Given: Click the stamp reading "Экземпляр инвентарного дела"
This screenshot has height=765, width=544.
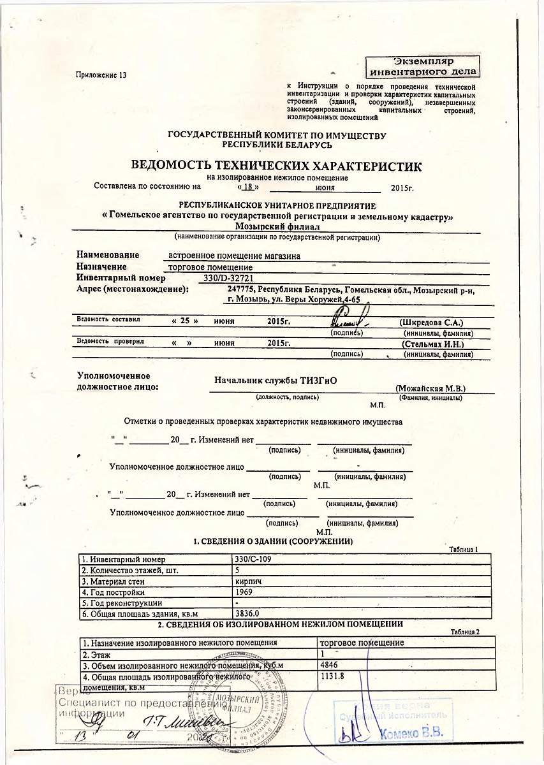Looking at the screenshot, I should (x=423, y=66).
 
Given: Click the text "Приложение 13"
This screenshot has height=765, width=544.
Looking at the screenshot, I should (x=101, y=75).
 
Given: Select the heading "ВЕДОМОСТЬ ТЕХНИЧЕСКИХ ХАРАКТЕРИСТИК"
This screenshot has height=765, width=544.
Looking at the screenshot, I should (x=276, y=166).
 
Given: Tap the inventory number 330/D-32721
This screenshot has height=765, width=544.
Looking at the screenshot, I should (x=228, y=279).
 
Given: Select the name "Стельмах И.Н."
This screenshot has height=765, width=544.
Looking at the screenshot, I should (x=432, y=344).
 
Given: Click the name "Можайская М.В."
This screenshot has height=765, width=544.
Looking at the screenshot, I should (x=430, y=388).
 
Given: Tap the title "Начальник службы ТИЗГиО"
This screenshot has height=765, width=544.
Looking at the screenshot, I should (x=276, y=381).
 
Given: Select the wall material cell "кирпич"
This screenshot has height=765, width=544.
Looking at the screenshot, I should (x=247, y=581).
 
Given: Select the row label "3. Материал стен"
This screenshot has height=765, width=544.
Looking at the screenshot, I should (x=114, y=581).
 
